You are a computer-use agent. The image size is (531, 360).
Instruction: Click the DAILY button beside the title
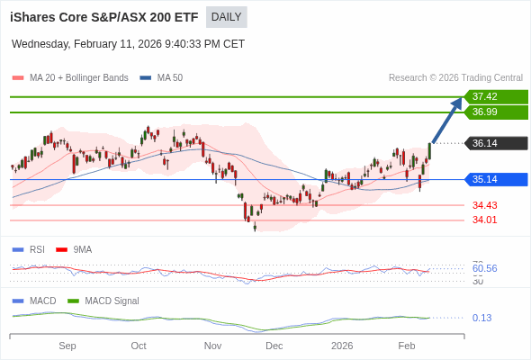click(226, 17)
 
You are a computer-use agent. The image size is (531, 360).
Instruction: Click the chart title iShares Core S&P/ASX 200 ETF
click(104, 17)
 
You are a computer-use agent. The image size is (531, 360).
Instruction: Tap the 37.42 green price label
click(495, 96)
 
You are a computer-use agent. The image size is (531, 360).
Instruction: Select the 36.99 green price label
click(495, 112)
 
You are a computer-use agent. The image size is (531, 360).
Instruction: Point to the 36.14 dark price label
click(495, 143)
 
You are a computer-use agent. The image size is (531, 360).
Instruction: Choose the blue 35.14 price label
click(495, 179)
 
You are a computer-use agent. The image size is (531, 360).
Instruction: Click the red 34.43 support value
click(484, 205)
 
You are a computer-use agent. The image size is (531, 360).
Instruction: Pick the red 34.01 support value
click(484, 220)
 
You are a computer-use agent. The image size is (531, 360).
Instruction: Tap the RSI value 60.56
click(484, 268)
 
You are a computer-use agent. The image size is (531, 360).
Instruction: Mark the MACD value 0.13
click(481, 318)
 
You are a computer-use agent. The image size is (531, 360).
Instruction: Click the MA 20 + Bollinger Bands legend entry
click(78, 78)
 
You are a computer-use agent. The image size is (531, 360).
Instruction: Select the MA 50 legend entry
click(169, 78)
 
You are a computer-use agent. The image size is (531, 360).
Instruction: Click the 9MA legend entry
click(82, 249)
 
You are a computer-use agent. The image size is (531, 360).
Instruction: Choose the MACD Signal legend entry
click(112, 301)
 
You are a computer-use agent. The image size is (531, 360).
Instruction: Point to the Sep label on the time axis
click(67, 346)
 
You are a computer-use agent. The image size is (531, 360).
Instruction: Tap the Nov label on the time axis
click(212, 346)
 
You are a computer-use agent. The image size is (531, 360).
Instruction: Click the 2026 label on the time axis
click(342, 346)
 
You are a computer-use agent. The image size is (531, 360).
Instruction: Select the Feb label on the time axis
click(407, 346)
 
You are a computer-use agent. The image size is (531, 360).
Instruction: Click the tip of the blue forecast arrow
click(461, 99)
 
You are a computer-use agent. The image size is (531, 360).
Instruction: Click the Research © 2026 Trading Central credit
click(455, 78)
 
